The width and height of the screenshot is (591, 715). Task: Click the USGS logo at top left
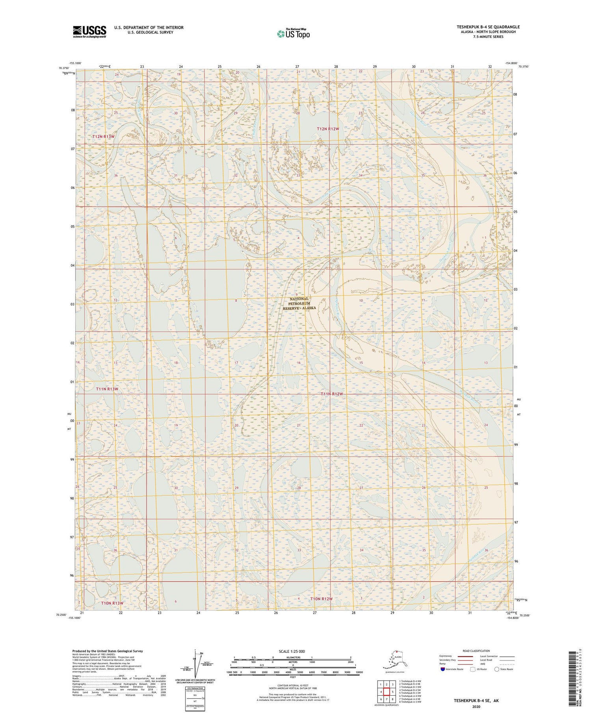(89, 31)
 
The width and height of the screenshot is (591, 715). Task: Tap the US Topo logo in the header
(293, 34)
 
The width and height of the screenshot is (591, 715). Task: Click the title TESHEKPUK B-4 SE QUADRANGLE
(488, 27)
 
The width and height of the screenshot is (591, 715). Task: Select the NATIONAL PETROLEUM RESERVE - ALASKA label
(299, 303)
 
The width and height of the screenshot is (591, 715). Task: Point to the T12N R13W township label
(103, 136)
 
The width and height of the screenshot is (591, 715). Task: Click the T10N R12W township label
(321, 599)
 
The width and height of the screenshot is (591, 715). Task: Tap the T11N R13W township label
(107, 389)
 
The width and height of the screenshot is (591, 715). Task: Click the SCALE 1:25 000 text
(292, 651)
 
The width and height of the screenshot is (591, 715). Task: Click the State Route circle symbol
(497, 669)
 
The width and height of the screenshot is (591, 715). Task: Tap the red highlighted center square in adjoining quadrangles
(387, 692)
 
